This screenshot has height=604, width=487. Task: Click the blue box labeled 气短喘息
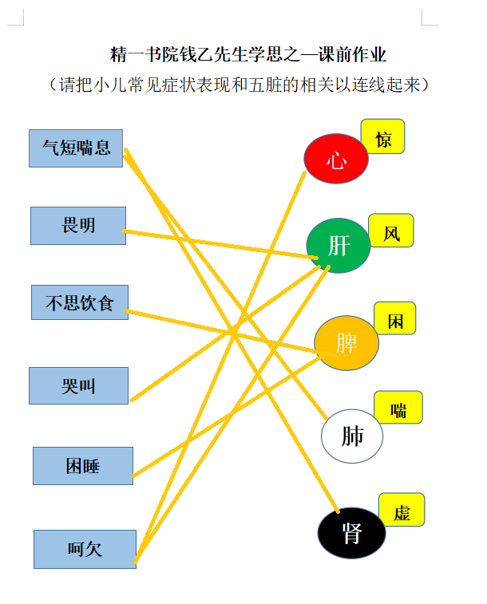(x=76, y=148)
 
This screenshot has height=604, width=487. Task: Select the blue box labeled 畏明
(x=78, y=226)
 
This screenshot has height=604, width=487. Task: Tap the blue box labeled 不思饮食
(x=80, y=302)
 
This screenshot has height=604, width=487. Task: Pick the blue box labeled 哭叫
(x=78, y=385)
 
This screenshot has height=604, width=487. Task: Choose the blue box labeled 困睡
(x=83, y=466)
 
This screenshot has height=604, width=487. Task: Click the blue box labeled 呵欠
(x=85, y=549)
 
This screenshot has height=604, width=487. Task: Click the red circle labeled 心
(x=336, y=158)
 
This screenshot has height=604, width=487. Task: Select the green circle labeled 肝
(x=339, y=246)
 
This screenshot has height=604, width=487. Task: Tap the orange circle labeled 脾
(x=346, y=343)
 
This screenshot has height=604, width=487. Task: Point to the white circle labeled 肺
(x=352, y=436)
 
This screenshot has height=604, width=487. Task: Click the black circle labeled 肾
(x=352, y=533)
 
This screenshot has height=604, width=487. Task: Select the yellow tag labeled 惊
(x=382, y=136)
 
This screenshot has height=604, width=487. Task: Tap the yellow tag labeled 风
(x=391, y=231)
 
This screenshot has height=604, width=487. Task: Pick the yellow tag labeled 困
(x=395, y=318)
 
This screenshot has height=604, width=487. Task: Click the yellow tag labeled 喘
(x=398, y=407)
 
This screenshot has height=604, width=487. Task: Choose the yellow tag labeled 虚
(x=402, y=510)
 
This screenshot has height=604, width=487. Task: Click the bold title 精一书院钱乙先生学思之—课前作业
(x=248, y=54)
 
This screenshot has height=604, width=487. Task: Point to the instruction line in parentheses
(x=240, y=85)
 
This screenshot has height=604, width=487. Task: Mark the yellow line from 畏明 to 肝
(x=220, y=244)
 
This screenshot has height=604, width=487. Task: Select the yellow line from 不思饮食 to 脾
(x=233, y=334)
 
